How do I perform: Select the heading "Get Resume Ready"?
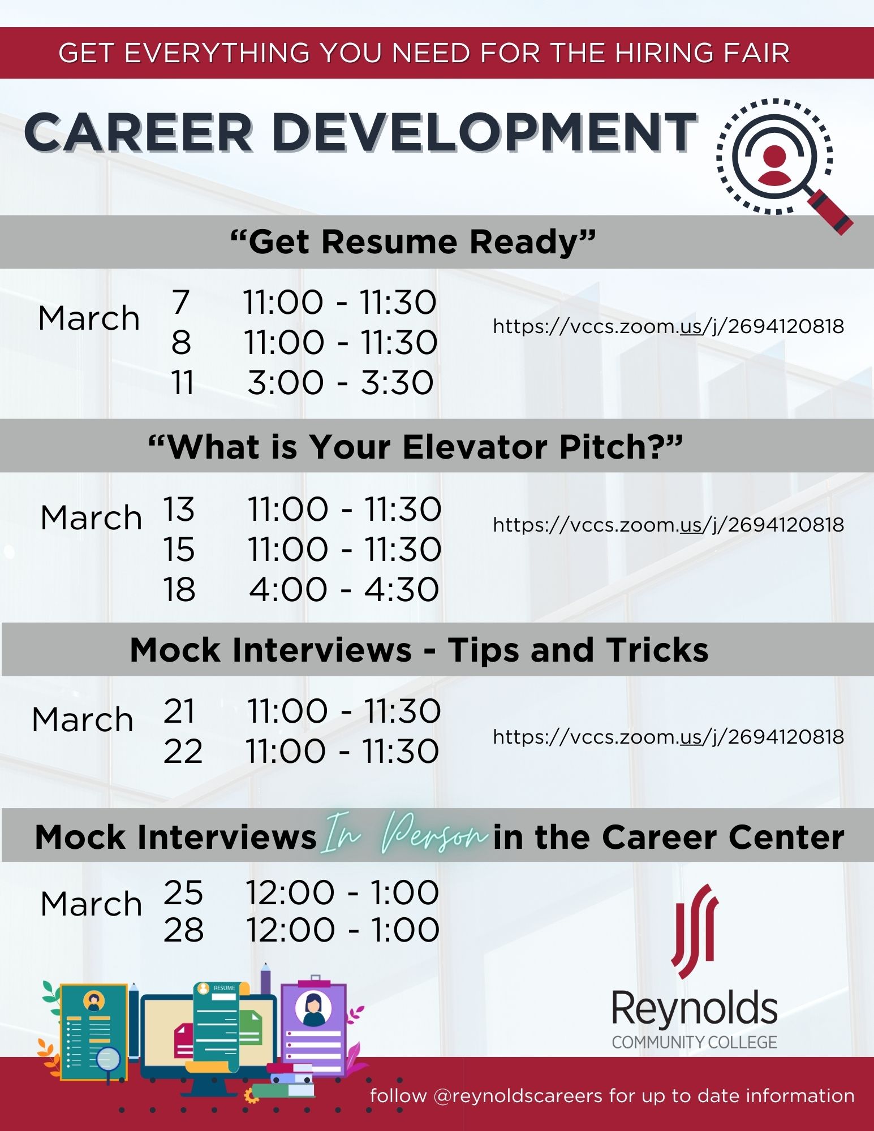coord(413,241)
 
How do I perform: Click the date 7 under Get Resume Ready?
coord(181,302)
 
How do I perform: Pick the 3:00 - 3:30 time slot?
coord(341,382)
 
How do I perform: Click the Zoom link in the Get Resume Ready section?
coord(668,326)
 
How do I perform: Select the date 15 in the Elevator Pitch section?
coord(179,549)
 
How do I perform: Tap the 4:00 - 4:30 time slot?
coord(344,589)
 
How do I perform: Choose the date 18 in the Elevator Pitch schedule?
coord(179,589)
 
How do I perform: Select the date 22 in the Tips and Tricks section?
coord(183,751)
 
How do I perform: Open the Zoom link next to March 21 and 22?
coord(668,737)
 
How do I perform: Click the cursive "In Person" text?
coord(404,835)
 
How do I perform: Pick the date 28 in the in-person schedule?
coord(183,930)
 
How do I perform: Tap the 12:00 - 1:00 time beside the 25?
coord(342,892)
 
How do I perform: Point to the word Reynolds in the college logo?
coord(695,1009)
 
